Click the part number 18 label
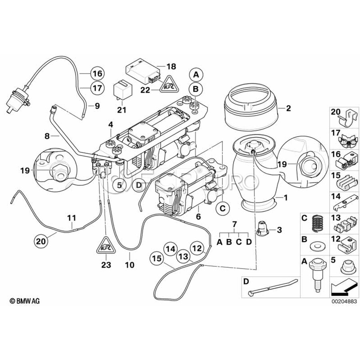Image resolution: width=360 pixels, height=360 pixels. pyautogui.click(x=171, y=66)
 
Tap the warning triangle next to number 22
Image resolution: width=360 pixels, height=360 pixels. pyautogui.click(x=168, y=84)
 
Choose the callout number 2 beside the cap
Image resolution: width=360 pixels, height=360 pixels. pyautogui.click(x=288, y=108)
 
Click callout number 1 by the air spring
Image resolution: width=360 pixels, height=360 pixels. pyautogui.click(x=286, y=198)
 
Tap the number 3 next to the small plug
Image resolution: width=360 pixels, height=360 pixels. pyautogui.click(x=279, y=230)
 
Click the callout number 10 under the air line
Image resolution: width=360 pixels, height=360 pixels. pyautogui.click(x=130, y=264)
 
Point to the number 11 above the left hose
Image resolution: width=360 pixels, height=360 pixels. pyautogui.click(x=71, y=218)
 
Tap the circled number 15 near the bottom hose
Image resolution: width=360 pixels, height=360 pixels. pyautogui.click(x=156, y=259)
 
